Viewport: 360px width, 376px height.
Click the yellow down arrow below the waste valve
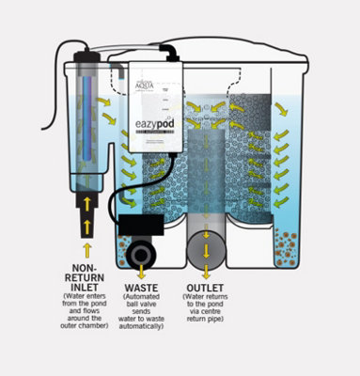click(141, 272)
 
